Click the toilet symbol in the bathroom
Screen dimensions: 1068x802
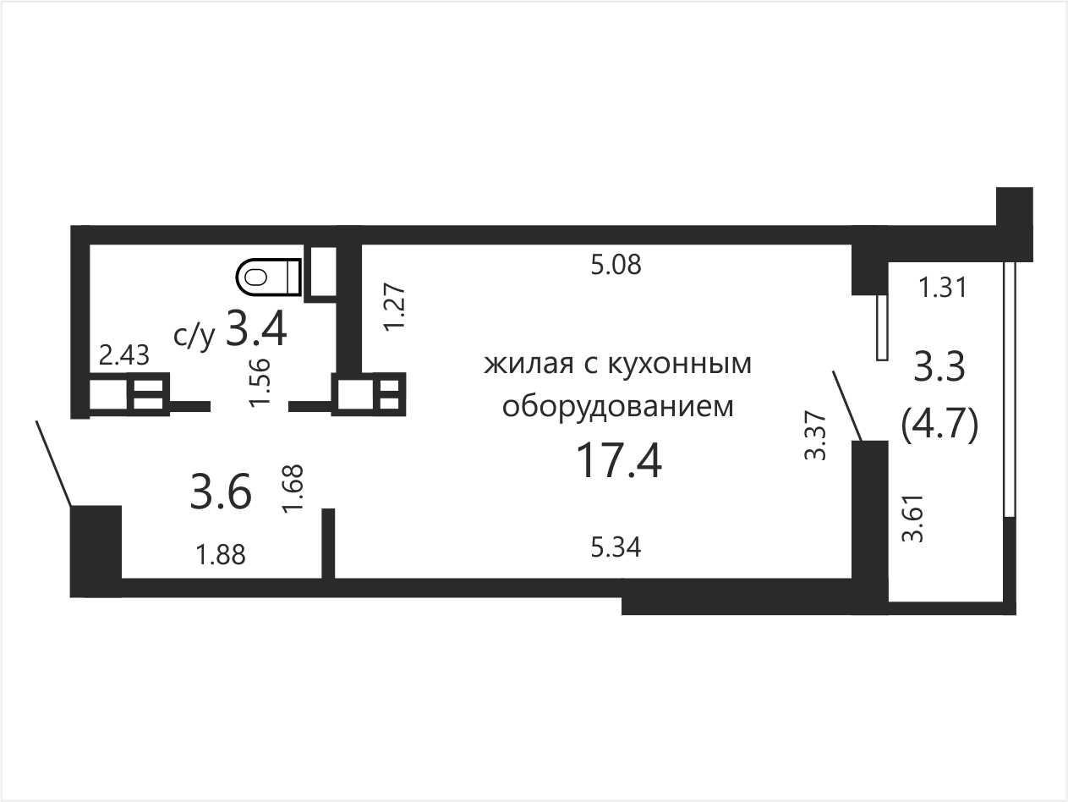coord(269,277)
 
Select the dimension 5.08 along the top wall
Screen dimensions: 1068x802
coord(616,265)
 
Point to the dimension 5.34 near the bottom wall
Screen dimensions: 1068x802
coord(616,547)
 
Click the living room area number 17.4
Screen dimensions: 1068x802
coord(618,461)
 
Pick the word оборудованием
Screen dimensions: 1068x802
coord(617,406)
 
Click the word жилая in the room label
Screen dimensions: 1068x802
coord(529,364)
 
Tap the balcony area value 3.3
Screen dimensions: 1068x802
coord(939,367)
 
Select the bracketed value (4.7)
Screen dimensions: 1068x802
coord(939,425)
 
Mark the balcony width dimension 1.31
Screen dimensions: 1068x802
coord(943,287)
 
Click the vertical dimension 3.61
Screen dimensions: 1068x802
coord(912,519)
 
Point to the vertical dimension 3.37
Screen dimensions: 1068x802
coord(815,436)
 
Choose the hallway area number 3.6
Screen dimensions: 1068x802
coord(221,492)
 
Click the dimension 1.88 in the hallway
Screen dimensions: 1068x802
coord(221,554)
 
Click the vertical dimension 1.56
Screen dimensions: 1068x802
coord(260,382)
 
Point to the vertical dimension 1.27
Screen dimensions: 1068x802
coord(394,308)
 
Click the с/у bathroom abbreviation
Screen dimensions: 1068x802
coord(194,337)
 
